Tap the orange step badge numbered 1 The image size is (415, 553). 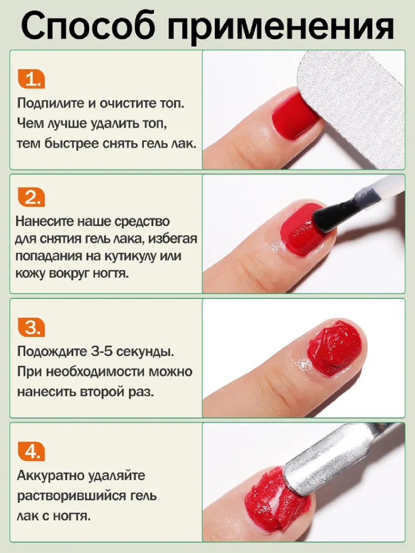(x=32, y=79)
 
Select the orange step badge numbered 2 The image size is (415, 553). (x=32, y=197)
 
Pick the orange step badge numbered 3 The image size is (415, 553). (x=32, y=328)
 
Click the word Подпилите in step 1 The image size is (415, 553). (x=51, y=103)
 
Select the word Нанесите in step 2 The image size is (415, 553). (x=45, y=222)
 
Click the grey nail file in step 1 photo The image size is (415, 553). (x=352, y=109)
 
